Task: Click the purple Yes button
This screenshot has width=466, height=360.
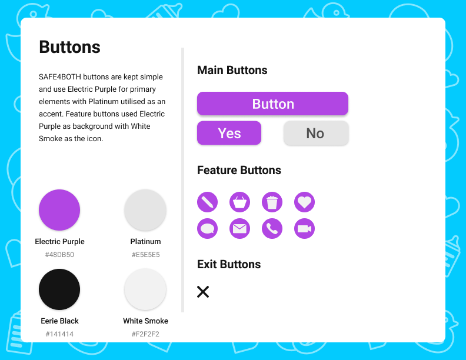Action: pyautogui.click(x=229, y=133)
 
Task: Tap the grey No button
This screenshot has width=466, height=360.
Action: pyautogui.click(x=316, y=133)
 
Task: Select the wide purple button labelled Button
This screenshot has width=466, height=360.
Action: pyautogui.click(x=272, y=104)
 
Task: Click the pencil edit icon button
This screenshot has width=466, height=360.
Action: pyautogui.click(x=208, y=202)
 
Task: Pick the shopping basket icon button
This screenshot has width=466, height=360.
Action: pyautogui.click(x=240, y=202)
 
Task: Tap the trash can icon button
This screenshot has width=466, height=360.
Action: pyautogui.click(x=272, y=202)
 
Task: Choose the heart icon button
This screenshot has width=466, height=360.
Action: pyautogui.click(x=305, y=202)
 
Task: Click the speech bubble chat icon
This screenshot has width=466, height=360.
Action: pyautogui.click(x=208, y=228)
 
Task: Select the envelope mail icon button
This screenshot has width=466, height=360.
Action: pyautogui.click(x=240, y=228)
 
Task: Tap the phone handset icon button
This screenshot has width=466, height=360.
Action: pyautogui.click(x=272, y=228)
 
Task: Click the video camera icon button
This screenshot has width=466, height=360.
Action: pyautogui.click(x=305, y=228)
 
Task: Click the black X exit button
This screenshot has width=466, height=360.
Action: pyautogui.click(x=203, y=292)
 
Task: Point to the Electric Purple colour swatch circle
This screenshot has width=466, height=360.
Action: pyautogui.click(x=59, y=210)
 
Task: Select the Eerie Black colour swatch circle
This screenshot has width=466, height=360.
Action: pyautogui.click(x=59, y=289)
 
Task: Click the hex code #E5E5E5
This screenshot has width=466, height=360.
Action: pyautogui.click(x=146, y=255)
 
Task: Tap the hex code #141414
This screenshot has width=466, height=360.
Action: pyautogui.click(x=59, y=334)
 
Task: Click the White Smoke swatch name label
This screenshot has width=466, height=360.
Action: pyautogui.click(x=146, y=321)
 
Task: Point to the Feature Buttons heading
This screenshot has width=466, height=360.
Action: pyautogui.click(x=239, y=170)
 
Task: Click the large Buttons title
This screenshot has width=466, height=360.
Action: pyautogui.click(x=70, y=47)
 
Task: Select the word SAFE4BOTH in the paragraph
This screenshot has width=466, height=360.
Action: pyautogui.click(x=60, y=76)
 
